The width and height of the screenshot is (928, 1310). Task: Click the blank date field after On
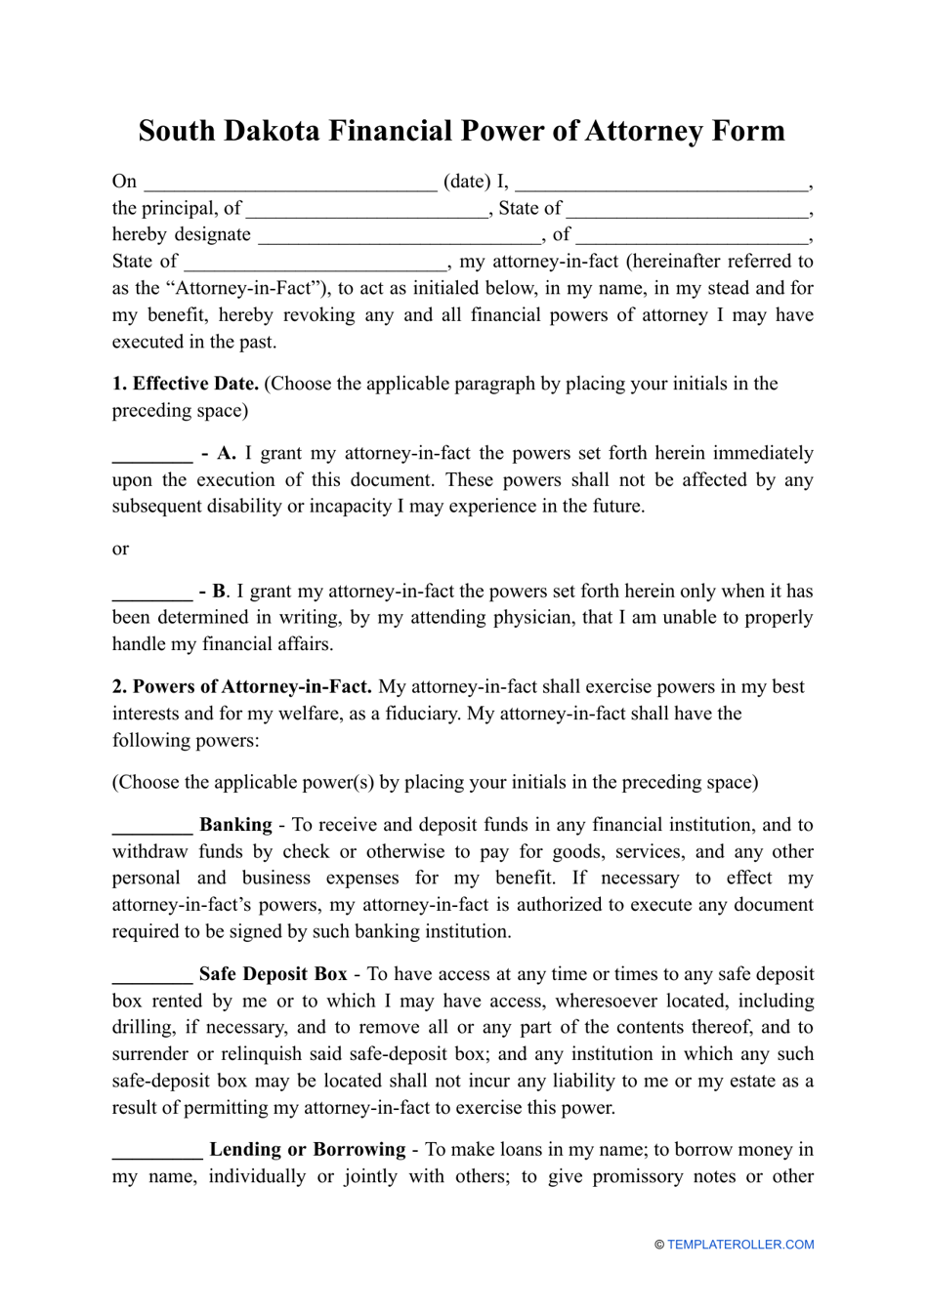click(290, 183)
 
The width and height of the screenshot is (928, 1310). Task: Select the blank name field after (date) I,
click(661, 183)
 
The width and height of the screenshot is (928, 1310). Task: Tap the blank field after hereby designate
click(400, 235)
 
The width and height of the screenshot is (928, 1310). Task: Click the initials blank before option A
click(151, 455)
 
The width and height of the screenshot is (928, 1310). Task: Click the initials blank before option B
click(151, 593)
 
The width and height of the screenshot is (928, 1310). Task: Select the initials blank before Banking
click(151, 827)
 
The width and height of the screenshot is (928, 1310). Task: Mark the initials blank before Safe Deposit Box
click(151, 975)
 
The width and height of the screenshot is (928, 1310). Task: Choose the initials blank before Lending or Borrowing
click(156, 1151)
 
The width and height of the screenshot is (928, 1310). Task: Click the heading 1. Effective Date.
click(186, 384)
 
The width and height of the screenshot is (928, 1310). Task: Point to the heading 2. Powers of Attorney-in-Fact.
click(242, 687)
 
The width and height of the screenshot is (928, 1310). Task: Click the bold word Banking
click(235, 825)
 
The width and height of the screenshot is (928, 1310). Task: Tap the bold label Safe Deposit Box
click(273, 974)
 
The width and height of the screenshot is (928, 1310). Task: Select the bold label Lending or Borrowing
click(308, 1150)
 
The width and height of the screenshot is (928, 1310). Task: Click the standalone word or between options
click(120, 550)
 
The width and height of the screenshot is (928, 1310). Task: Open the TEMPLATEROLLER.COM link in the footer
click(740, 1245)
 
